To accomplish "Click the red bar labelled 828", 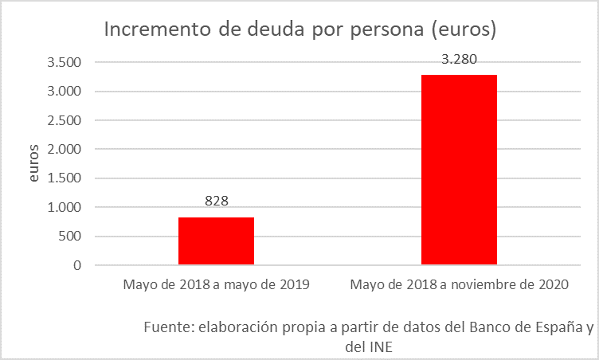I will [x=216, y=241].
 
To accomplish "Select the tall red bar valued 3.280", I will [x=459, y=169].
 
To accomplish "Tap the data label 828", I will [x=216, y=202].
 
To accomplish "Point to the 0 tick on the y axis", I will [x=78, y=265].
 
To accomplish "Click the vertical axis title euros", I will [x=33, y=164].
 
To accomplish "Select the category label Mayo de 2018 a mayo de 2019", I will [x=216, y=284].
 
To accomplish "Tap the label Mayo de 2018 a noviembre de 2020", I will [x=459, y=284].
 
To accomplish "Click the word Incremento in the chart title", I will [x=152, y=30].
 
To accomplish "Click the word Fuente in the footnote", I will [x=168, y=328].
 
